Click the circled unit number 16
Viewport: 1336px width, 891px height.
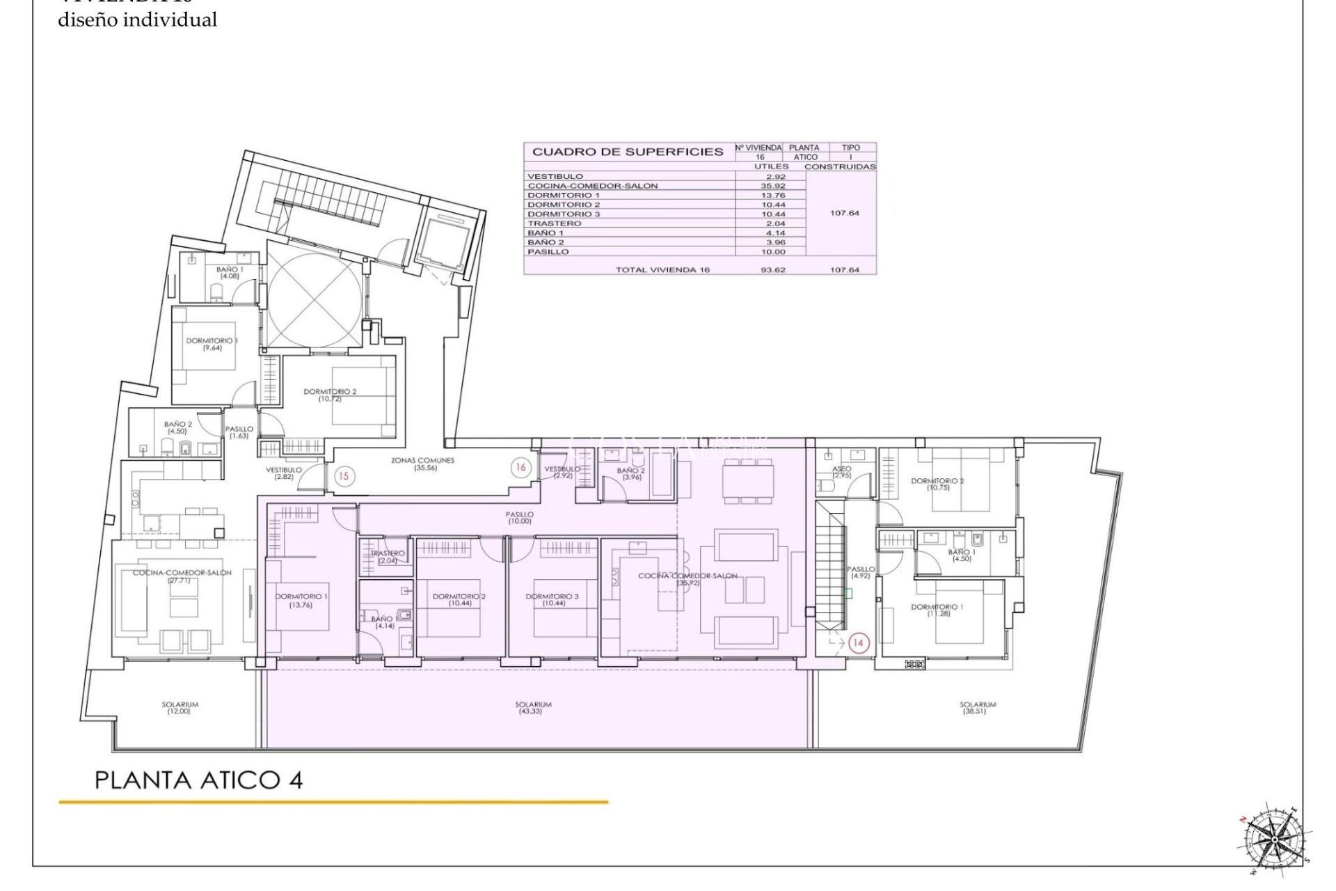click(x=520, y=468)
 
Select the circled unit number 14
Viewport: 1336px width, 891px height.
click(x=858, y=642)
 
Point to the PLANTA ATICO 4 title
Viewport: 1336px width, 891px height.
click(x=198, y=780)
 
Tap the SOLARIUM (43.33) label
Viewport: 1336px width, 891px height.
click(x=534, y=707)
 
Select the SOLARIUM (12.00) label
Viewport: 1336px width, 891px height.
click(x=180, y=707)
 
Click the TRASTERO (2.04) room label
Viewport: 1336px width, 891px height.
click(x=388, y=557)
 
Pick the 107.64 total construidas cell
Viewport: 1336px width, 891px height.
click(x=844, y=270)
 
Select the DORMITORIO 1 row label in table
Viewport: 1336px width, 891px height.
click(x=564, y=196)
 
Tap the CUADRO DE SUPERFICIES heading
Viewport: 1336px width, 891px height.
click(x=628, y=152)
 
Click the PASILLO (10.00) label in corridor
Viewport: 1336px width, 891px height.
click(x=519, y=517)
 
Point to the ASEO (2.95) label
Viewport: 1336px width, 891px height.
click(x=841, y=472)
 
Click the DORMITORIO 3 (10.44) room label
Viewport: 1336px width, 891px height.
click(x=552, y=599)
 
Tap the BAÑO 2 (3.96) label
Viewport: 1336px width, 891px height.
click(x=631, y=474)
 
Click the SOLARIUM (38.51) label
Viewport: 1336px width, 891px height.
click(x=978, y=707)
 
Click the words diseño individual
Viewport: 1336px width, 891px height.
click(x=137, y=20)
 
